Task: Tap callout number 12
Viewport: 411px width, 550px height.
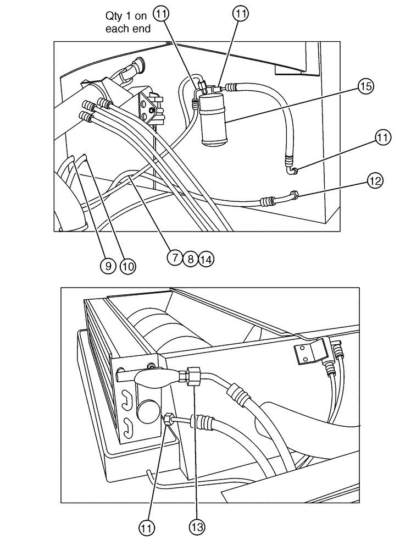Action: tap(376, 180)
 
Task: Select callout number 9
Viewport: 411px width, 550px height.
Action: tap(108, 266)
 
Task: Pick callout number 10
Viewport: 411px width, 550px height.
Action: tap(127, 266)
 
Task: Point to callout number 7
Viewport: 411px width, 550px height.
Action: tap(175, 257)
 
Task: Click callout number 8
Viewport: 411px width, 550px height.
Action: tap(190, 258)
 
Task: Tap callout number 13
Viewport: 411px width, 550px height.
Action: tap(197, 527)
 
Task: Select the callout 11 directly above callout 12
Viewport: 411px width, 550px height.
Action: tap(383, 137)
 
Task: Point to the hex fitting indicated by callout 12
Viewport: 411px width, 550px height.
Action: tap(295, 195)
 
